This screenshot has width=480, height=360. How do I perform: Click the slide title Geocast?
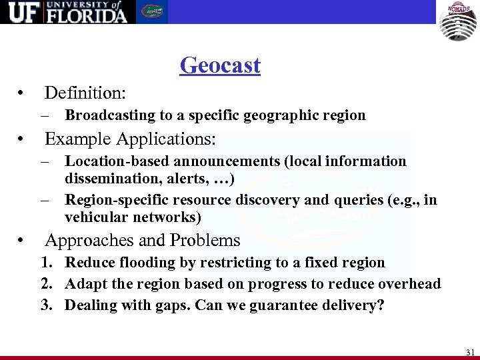pos(220,65)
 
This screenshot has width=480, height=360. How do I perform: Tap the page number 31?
pos(471,351)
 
